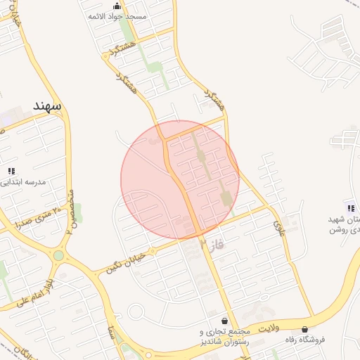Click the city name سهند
pos(47,105)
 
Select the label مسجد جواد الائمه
pos(117,15)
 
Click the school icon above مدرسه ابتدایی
pos(11,171)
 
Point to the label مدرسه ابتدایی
pos(24,181)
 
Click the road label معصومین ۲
pos(71,210)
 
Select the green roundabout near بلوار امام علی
pos(58,255)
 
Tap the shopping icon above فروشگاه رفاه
pos(304,328)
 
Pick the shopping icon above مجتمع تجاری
pos(224,321)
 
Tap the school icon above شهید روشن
pos(351,207)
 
